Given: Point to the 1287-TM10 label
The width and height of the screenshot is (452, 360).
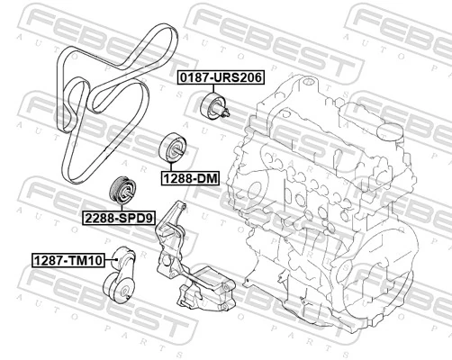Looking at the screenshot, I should (x=68, y=261).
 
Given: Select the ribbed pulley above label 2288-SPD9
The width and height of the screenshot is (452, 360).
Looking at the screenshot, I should (x=121, y=191).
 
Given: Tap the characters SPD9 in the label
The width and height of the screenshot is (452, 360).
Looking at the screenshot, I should (x=137, y=218).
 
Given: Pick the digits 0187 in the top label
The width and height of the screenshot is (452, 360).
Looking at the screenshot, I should (x=191, y=78).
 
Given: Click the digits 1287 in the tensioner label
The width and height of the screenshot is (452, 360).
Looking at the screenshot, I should (x=50, y=261).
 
